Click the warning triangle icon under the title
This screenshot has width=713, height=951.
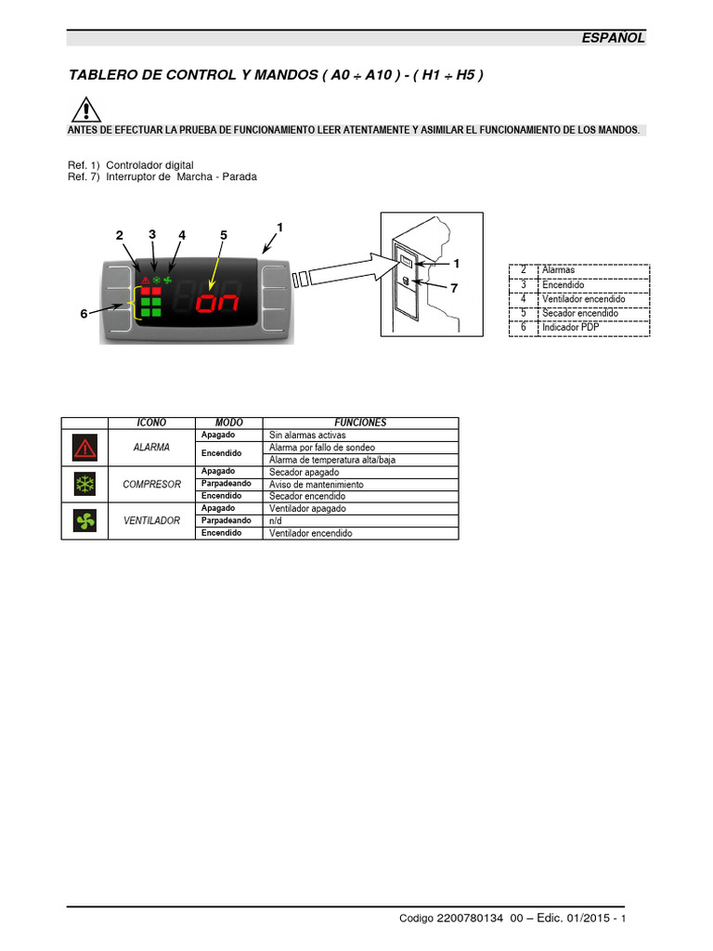point(84,111)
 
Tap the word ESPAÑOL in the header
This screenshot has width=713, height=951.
point(612,38)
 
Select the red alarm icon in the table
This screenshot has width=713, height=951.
point(84,448)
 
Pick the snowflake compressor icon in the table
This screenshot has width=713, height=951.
point(84,485)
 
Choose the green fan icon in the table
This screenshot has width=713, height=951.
point(84,521)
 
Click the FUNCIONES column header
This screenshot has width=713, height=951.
point(360,423)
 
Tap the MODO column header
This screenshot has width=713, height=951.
point(228,423)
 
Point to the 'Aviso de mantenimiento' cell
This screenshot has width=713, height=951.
point(316,485)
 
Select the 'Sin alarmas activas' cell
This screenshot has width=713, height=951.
point(306,435)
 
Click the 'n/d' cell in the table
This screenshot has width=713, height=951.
point(277,521)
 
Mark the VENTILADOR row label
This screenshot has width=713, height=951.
point(151,521)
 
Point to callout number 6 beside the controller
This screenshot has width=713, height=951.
point(84,314)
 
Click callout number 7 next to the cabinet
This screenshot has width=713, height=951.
point(454,288)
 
